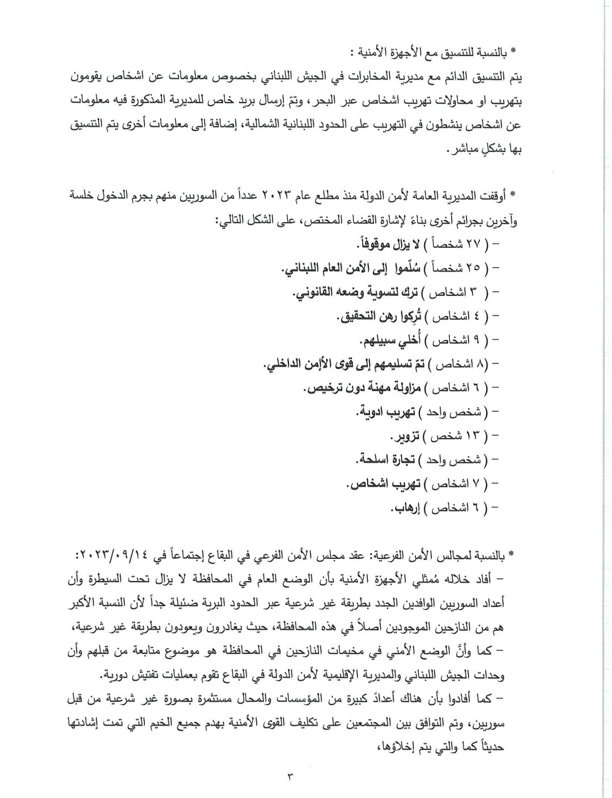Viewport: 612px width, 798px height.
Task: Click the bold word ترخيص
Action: [324, 389]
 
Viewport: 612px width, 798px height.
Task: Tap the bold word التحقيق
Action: [360, 317]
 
